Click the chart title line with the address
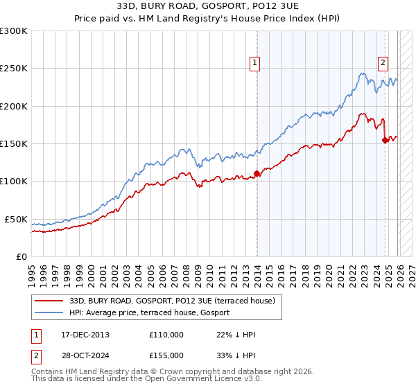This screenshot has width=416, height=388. (208, 6)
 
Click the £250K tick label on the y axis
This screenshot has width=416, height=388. (14, 69)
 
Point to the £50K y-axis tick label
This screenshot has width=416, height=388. (16, 219)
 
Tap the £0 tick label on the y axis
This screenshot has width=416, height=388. (21, 256)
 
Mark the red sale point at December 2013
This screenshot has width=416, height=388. (257, 174)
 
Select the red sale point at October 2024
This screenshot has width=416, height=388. (385, 141)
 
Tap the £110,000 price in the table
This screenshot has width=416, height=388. (166, 335)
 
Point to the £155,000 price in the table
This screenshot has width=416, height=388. (166, 355)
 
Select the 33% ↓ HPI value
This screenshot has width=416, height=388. (236, 355)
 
